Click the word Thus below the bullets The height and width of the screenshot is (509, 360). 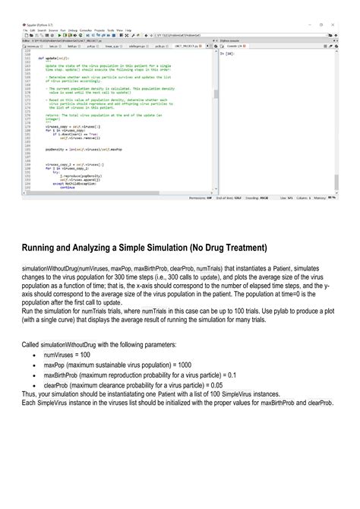point(29,394)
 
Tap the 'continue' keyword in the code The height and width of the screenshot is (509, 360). point(68,187)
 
